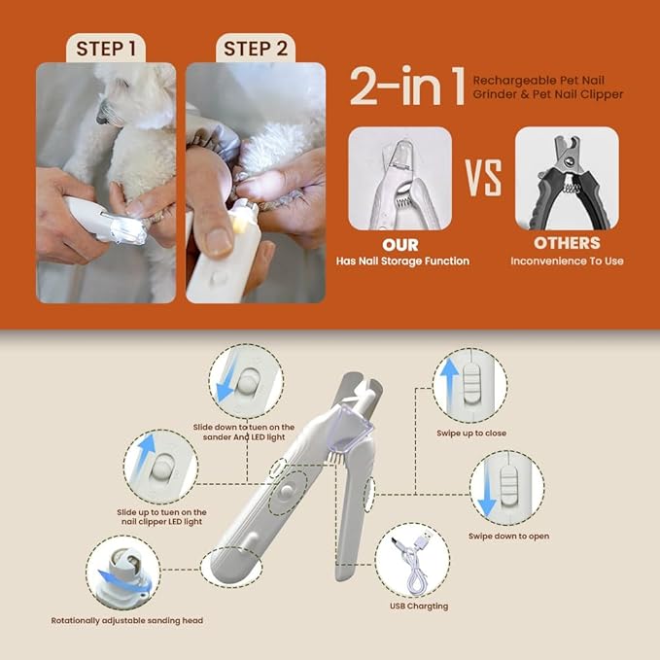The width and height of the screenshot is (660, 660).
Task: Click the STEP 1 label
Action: point(106,48)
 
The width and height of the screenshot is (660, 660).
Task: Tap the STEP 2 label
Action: point(255,48)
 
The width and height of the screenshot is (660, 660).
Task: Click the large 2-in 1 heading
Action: point(407,87)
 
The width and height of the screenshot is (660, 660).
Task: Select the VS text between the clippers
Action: point(482,179)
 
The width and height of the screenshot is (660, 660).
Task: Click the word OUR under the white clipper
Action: point(400,244)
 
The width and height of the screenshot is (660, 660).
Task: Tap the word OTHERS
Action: point(567,244)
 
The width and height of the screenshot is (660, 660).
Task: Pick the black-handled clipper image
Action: point(567,178)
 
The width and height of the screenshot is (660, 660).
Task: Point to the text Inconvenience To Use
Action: point(567,261)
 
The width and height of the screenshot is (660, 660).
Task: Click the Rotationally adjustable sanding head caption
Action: point(127,619)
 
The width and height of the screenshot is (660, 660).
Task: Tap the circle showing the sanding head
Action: point(122,572)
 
